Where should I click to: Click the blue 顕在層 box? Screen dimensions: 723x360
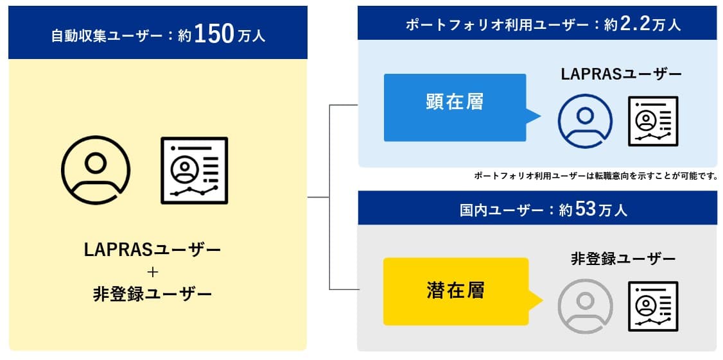[455, 107]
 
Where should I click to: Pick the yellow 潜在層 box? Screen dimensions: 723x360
[455, 291]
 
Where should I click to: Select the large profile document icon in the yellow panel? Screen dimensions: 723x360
[194, 171]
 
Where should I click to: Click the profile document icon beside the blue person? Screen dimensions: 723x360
[653, 121]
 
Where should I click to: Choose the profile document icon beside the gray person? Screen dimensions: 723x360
[653, 306]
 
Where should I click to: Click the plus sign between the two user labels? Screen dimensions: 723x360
[153, 273]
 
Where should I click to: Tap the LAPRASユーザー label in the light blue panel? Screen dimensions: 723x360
[621, 74]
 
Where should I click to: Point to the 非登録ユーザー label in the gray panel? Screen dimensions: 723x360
[623, 259]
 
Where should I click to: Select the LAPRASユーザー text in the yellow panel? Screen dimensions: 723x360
[153, 250]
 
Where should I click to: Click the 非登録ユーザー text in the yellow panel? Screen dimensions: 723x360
[153, 294]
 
